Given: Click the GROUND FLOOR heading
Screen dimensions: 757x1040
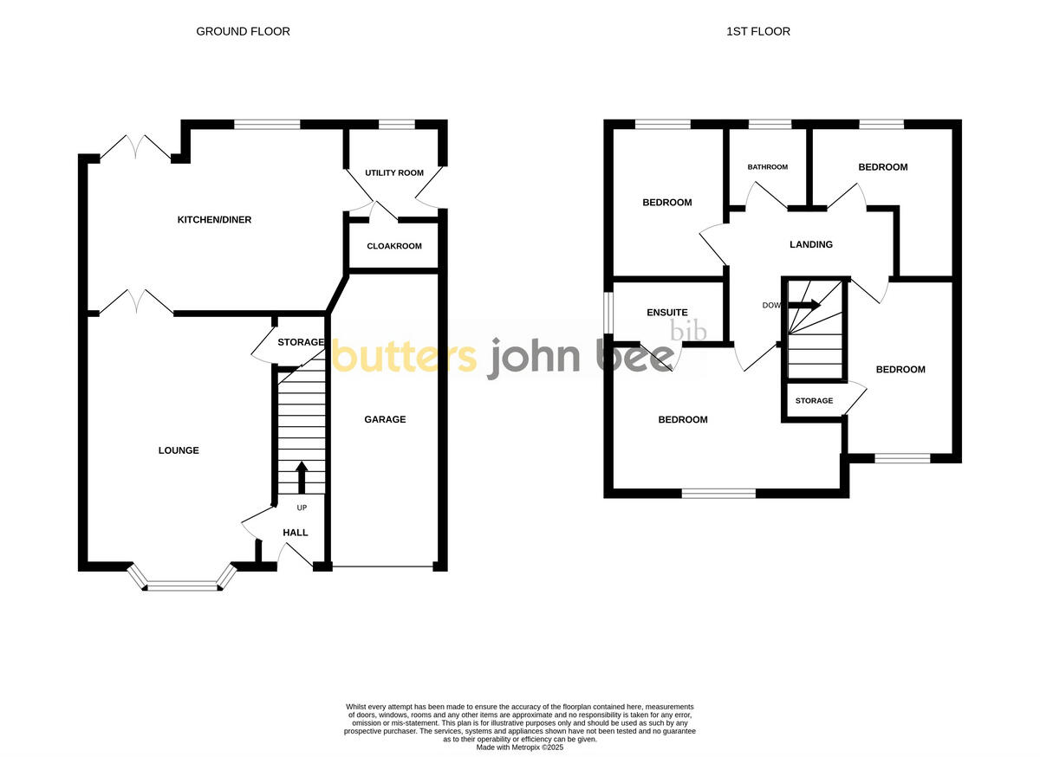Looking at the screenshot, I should pos(243,31).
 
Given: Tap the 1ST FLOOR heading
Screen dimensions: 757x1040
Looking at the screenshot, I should pos(757,31).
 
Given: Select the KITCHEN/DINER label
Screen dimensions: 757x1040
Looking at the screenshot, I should pos(214,220).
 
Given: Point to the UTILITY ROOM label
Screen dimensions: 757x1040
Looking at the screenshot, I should pos(394,173).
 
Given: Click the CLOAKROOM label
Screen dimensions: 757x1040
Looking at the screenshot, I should pos(394,246).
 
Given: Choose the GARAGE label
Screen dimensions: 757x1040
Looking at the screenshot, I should pos(385,419).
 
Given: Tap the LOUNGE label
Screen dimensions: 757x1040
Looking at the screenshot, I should pos(179,450).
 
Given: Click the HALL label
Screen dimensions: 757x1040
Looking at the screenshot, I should pos(296,533).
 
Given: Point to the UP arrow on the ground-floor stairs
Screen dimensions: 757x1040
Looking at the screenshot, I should pos(302,477).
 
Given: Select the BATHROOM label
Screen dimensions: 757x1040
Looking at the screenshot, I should pos(768,167).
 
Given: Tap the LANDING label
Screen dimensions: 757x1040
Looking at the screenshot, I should pos(810,244).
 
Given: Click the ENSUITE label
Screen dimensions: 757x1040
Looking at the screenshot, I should pos(667,313).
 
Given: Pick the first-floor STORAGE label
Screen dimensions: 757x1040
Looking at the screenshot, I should pos(814,401).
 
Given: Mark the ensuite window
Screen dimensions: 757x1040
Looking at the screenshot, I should pos(608,312).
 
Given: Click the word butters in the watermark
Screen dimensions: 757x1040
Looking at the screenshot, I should pos(404,357).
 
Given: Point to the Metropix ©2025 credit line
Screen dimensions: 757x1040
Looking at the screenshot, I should pos(520,747).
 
